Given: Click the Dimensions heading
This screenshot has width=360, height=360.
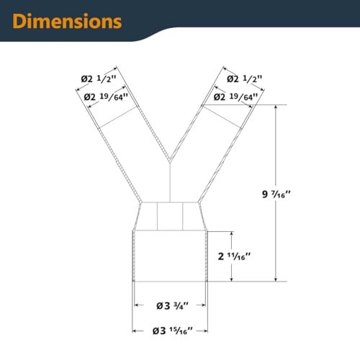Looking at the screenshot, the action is [x=67, y=21].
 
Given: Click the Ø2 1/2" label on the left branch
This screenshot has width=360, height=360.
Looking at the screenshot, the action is [x=99, y=78].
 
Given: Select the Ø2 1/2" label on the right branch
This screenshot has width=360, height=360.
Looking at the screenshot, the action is [x=245, y=78].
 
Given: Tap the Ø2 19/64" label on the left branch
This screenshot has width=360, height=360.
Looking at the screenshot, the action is [x=106, y=97].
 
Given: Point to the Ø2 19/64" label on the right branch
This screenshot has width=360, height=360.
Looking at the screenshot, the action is [x=235, y=97].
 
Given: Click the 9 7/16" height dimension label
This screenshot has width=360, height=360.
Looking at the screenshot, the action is [x=276, y=194].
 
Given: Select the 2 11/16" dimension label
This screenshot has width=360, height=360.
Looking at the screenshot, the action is [x=234, y=256].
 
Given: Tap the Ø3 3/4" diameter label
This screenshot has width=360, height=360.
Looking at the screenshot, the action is [x=172, y=306].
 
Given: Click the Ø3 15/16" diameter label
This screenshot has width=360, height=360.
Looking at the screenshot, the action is [x=172, y=331].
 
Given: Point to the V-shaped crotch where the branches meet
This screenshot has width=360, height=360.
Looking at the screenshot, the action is [x=170, y=161].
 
